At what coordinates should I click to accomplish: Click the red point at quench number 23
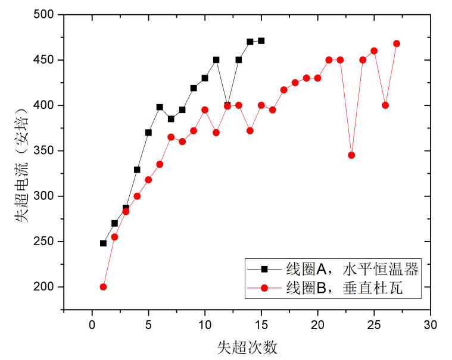[x=351, y=155]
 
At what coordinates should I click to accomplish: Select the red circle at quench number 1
[x=103, y=287]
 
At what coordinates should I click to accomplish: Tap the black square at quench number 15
[x=261, y=41]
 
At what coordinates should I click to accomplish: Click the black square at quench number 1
[x=103, y=243]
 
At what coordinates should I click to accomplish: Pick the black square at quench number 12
[x=227, y=105]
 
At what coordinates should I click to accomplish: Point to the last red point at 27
[x=397, y=43]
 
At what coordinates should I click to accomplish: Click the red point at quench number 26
[x=385, y=105]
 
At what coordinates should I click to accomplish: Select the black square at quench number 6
[x=160, y=107]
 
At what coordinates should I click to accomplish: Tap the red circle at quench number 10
[x=205, y=110]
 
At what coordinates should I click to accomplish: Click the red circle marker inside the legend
[x=264, y=289]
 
